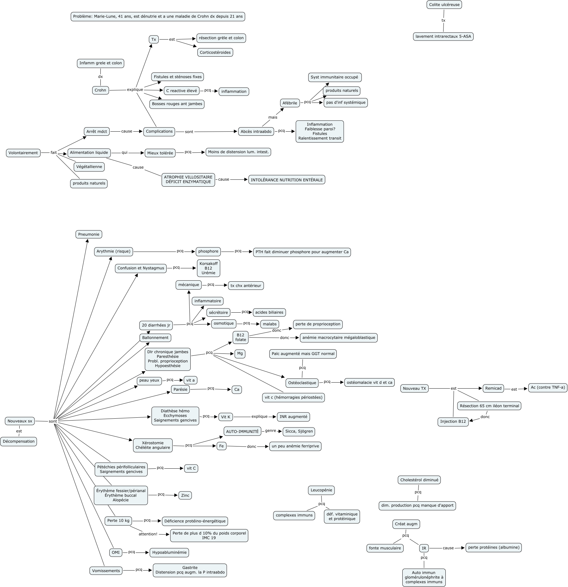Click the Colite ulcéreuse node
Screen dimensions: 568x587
pos(444,5)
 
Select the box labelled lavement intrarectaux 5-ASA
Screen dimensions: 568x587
pos(443,36)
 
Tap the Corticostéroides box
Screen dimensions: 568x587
pos(215,53)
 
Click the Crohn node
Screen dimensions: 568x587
pos(100,90)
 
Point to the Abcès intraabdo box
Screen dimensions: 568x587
pos(256,132)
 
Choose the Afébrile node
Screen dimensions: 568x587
pos(290,103)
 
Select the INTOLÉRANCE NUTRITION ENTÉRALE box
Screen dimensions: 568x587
pos(287,180)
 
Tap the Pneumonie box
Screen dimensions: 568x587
pos(89,234)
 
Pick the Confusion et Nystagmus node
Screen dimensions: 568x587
pos(141,268)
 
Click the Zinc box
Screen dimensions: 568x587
pos(185,496)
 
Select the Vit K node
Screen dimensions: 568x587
pos(226,417)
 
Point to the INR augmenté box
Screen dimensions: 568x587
pos(293,417)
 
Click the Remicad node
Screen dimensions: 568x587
pos(493,388)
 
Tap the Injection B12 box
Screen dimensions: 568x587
pos(453,422)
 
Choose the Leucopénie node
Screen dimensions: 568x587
pos(321,490)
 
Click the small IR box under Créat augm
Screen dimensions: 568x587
pos(424,548)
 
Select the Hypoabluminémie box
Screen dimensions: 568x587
pos(169,553)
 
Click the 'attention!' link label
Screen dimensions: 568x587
pos(148,534)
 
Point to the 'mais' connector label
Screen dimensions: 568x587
pos(273,117)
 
